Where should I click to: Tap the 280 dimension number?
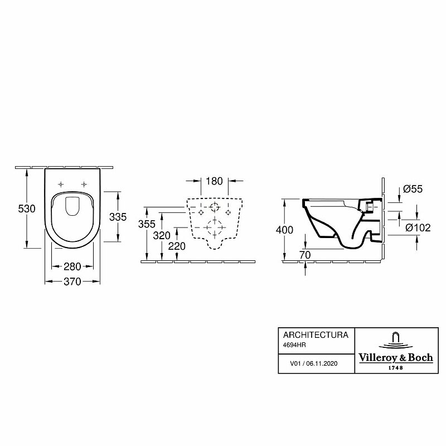coord(72,266)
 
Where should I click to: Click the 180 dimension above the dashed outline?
coord(214,181)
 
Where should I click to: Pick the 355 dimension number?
coord(146,224)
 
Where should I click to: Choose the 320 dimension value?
coord(162,235)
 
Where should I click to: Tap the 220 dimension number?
coord(177,246)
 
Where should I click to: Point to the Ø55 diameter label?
coord(413,190)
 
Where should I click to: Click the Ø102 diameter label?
coord(418,227)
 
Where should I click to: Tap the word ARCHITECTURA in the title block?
coord(316,335)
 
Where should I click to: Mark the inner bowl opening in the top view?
coord(72,206)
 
